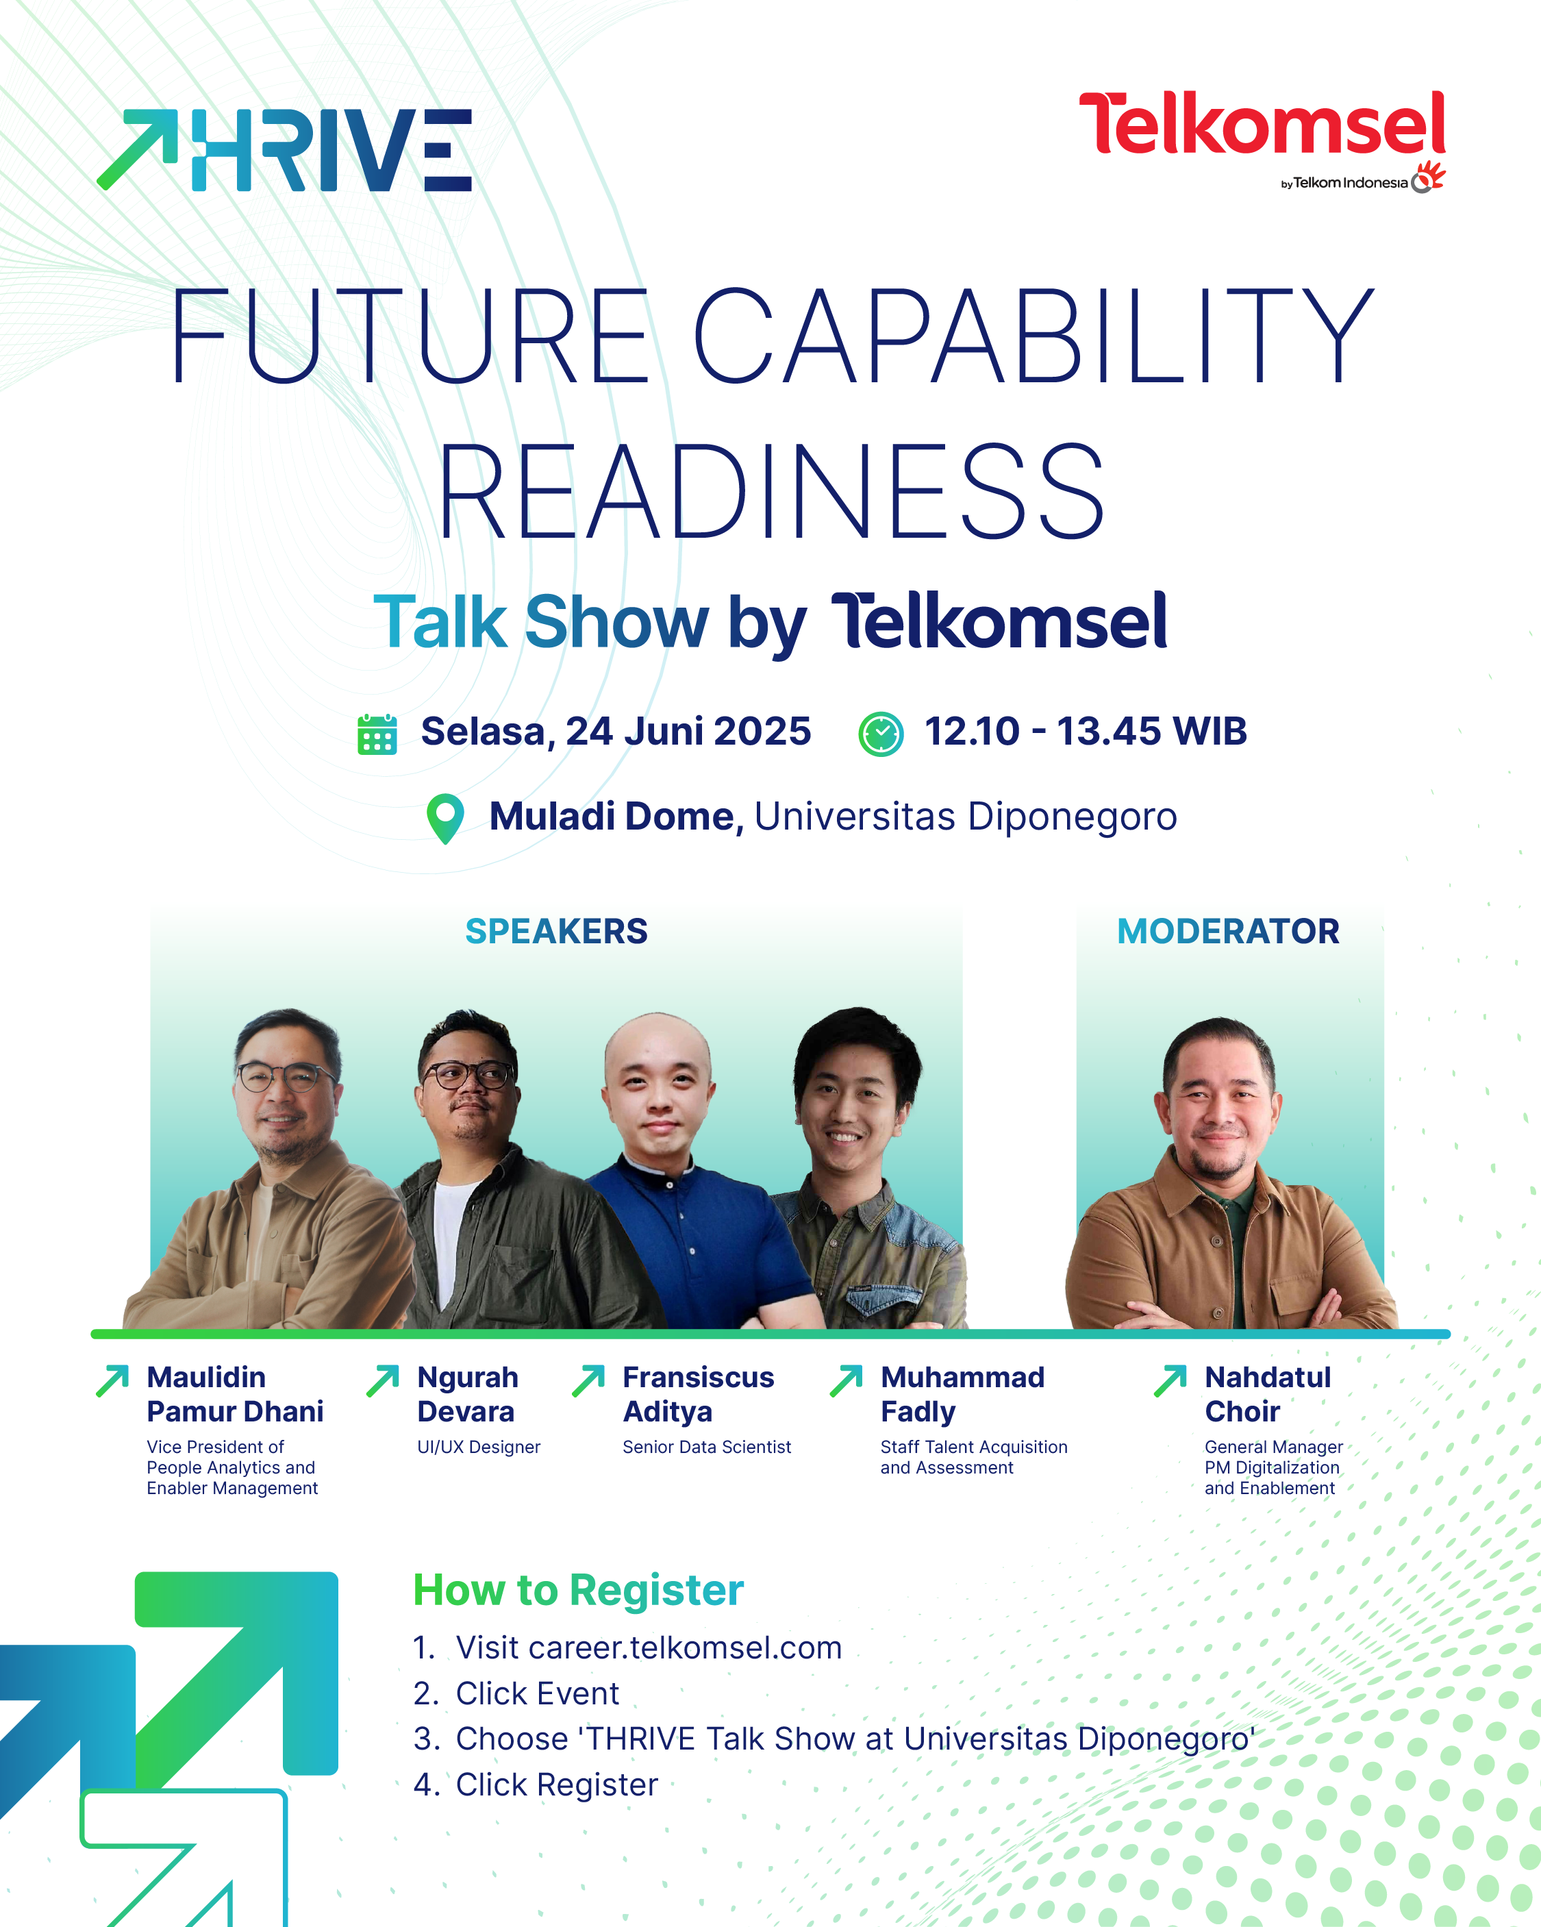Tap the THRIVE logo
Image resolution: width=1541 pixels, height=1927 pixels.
coord(284,150)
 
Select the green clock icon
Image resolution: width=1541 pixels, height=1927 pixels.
coord(881,734)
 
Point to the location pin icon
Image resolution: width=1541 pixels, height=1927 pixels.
coord(445,819)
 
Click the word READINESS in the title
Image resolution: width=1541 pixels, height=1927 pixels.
coord(771,492)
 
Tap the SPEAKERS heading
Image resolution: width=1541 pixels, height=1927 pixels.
coord(556,932)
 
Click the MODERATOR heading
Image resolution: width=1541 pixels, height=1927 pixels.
coord(1228,932)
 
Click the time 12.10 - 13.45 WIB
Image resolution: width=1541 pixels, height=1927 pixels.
coord(1085,731)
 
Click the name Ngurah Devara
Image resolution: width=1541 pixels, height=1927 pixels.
coord(468,1394)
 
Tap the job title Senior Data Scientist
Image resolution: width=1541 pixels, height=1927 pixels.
coord(707,1447)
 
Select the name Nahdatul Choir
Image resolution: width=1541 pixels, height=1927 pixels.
coord(1268,1394)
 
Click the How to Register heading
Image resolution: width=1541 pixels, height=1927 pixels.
coord(578,1590)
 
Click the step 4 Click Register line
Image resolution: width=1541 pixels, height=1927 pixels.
coord(536,1784)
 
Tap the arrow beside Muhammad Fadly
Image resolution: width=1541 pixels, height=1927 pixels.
coord(846,1381)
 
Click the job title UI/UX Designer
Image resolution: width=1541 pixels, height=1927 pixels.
coord(478,1447)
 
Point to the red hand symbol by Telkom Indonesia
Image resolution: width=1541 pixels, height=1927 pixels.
coord(1429,177)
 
